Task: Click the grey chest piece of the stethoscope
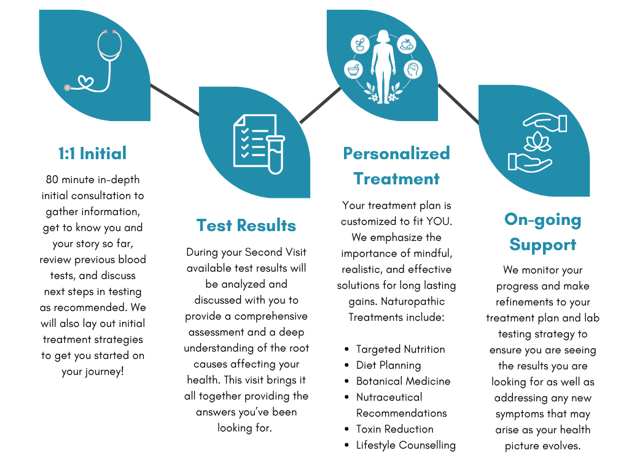pyautogui.click(x=67, y=87)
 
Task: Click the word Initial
pyautogui.click(x=103, y=153)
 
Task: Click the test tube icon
pyautogui.click(x=275, y=154)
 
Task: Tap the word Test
pyautogui.click(x=214, y=226)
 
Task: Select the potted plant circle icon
pyautogui.click(x=359, y=44)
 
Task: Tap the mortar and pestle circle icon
pyautogui.click(x=353, y=69)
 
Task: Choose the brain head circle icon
pyautogui.click(x=412, y=69)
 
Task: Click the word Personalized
pyautogui.click(x=396, y=153)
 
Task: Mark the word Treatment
pyautogui.click(x=396, y=179)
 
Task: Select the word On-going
pyautogui.click(x=542, y=219)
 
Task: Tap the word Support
pyautogui.click(x=542, y=245)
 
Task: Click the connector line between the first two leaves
pyautogui.click(x=175, y=100)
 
